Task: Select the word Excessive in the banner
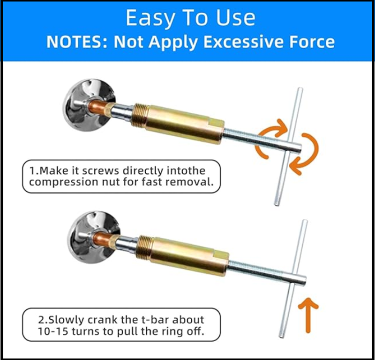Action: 243,42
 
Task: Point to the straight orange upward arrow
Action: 308,315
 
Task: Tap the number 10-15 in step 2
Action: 53,331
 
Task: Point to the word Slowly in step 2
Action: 66,320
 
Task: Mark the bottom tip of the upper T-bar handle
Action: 277,205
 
